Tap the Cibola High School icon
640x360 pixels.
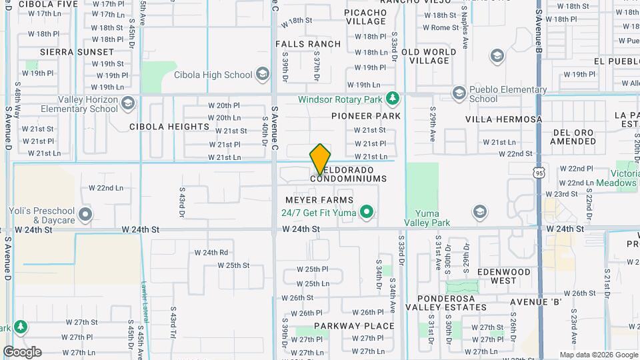click(x=263, y=74)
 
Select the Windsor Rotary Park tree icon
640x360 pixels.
click(x=393, y=99)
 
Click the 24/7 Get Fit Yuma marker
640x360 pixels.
click(x=366, y=213)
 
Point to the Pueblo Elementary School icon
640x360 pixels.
click(x=458, y=93)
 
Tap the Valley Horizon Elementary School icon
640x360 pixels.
click(x=128, y=103)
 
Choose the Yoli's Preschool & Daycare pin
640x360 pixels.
click(x=85, y=215)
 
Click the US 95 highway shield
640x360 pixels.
click(x=539, y=173)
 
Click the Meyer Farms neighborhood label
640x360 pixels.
click(x=319, y=200)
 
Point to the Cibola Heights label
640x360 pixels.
click(x=169, y=127)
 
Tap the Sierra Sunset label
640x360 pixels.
click(x=77, y=51)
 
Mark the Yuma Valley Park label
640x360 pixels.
click(x=427, y=218)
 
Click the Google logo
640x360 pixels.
click(x=22, y=351)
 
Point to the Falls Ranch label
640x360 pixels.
click(x=308, y=44)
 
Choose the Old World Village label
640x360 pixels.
click(x=429, y=56)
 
